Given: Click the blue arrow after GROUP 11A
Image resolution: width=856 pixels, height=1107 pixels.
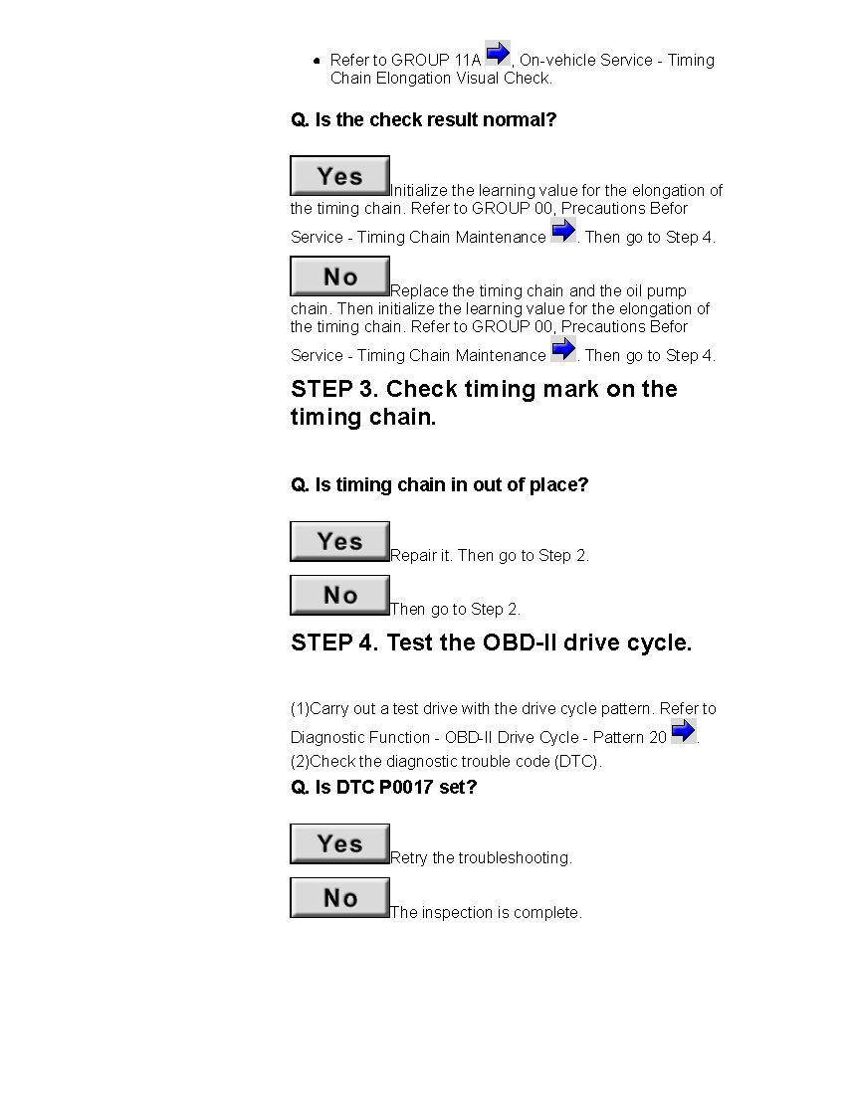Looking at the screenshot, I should coord(498,53).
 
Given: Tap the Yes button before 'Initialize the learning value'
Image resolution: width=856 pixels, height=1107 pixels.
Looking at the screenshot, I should coord(339,176).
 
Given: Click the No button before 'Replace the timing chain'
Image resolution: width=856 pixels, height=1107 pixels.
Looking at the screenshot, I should coord(339,277).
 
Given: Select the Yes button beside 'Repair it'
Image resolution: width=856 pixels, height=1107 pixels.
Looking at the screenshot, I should coord(339,541).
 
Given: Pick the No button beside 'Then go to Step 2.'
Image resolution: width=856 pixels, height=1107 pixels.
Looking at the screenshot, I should coord(339,595).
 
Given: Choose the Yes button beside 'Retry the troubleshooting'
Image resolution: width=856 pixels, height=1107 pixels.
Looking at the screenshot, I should coord(339,843).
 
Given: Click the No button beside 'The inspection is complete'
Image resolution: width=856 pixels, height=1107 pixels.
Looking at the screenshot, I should coord(339,897).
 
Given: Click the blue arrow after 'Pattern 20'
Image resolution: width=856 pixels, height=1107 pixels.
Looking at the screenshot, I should coord(684,731).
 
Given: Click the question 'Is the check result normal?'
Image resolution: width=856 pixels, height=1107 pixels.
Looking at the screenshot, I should coord(423,120).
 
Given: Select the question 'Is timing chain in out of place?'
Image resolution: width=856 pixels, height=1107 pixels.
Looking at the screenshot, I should coord(439,485).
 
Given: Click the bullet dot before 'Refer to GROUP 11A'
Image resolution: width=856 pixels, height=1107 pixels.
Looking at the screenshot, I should coord(317,61).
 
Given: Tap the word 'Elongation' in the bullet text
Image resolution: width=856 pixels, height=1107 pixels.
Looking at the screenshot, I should coord(408,78).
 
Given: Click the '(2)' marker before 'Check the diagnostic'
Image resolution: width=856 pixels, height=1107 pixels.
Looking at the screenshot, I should coord(300,762).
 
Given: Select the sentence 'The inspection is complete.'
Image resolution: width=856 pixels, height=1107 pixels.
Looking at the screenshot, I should coord(486,912).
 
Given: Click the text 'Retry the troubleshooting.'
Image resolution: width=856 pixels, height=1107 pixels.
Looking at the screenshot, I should coord(481,858).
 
